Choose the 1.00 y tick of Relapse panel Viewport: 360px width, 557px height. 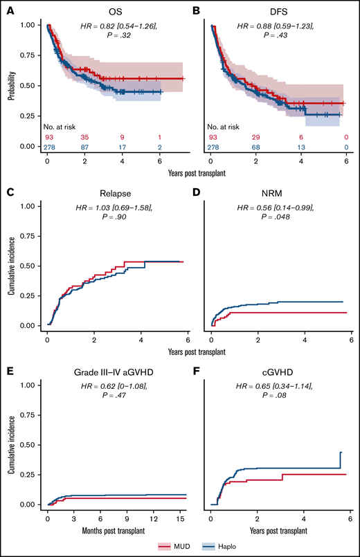27,205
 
